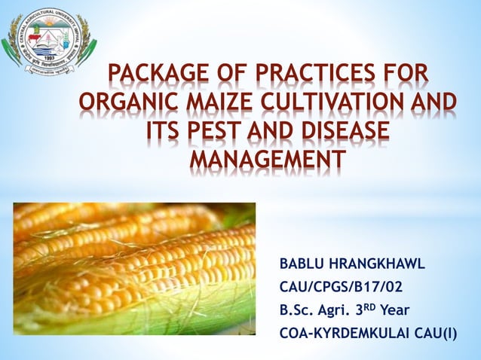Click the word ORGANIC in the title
124,105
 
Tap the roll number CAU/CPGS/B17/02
342,287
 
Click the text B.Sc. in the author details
297,310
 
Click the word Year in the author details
397,310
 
